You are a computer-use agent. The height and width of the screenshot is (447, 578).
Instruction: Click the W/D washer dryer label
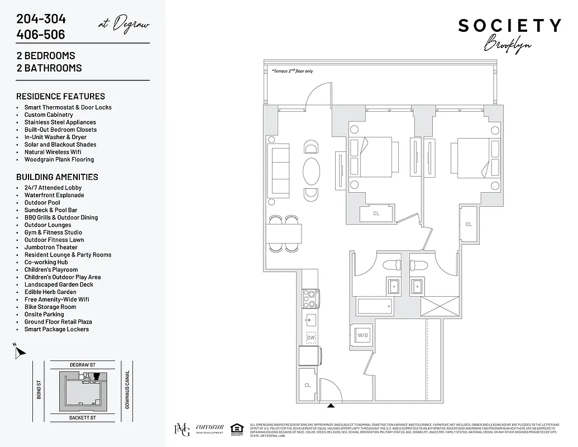[363, 336]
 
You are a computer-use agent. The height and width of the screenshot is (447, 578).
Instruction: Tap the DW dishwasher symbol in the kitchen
[311, 337]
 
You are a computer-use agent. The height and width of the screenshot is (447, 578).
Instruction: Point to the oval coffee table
[312, 170]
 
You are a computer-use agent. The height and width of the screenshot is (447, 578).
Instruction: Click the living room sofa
[279, 170]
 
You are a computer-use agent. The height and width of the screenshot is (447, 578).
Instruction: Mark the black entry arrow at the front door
[331, 406]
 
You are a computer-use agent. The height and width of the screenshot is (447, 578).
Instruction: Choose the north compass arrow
[21, 352]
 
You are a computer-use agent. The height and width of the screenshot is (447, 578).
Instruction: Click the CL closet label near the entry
[308, 385]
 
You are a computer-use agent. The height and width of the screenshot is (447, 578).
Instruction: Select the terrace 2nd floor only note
[292, 72]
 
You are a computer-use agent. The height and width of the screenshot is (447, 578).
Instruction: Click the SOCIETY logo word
[509, 26]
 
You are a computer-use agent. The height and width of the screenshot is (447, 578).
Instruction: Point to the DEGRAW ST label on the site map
[83, 364]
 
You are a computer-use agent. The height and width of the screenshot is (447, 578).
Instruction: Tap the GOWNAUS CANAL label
[127, 389]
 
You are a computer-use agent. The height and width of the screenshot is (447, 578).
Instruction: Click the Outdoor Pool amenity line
[42, 203]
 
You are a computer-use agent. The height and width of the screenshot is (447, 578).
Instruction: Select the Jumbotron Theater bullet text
[51, 248]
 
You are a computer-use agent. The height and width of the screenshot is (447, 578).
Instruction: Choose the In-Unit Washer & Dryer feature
[55, 137]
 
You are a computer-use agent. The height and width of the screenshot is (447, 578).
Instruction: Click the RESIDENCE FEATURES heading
[60, 96]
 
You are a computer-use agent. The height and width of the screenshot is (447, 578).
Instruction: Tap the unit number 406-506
[40, 35]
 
